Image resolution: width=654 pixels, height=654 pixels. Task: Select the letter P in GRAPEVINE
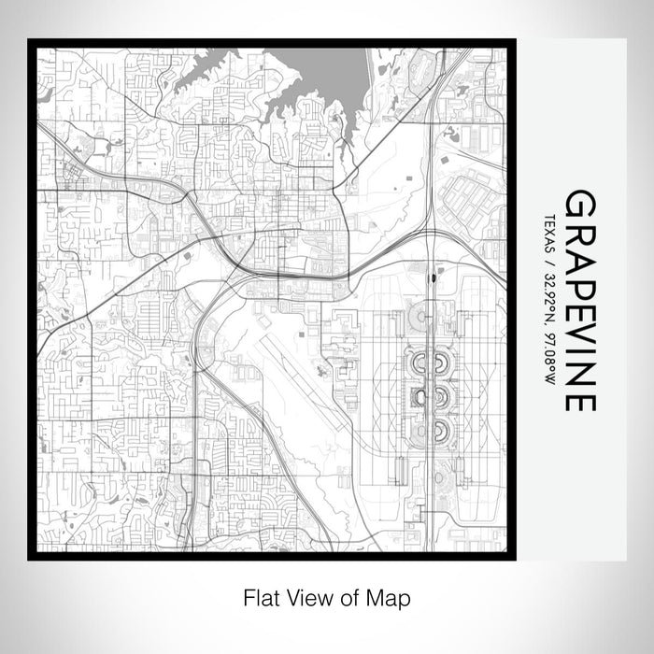580,279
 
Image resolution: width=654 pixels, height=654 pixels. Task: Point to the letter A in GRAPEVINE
580,254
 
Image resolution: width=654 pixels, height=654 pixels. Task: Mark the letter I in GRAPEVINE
580,348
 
